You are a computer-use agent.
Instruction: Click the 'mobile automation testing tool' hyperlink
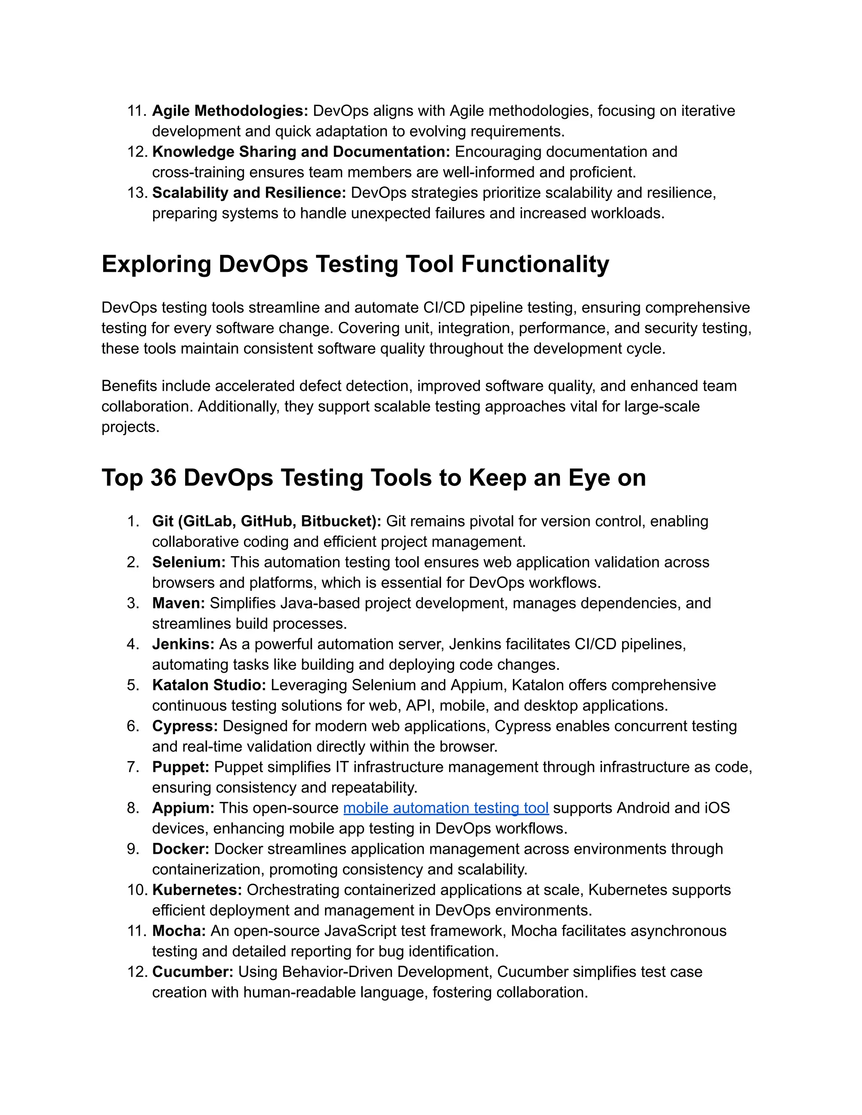tap(446, 808)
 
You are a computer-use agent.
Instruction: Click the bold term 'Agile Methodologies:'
tap(230, 111)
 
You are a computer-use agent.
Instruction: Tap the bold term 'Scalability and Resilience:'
tap(249, 192)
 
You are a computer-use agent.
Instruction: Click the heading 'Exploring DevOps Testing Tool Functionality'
tap(355, 265)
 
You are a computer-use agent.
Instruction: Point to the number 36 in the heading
tap(163, 478)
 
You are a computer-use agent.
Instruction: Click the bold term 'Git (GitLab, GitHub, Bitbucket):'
tap(266, 521)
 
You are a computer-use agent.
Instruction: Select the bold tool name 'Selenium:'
tap(189, 562)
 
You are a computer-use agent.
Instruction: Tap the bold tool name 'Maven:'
tap(178, 603)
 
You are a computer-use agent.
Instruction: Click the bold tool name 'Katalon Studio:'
tap(209, 685)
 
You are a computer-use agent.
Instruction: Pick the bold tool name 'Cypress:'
tap(185, 726)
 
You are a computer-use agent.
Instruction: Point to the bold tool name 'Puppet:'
tap(181, 767)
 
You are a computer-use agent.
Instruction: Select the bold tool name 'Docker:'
tap(181, 849)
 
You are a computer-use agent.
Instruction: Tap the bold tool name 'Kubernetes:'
tap(197, 890)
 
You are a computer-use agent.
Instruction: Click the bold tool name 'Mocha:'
tap(179, 931)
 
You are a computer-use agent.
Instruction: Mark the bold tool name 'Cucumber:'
tap(192, 972)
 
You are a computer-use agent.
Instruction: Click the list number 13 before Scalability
tap(136, 192)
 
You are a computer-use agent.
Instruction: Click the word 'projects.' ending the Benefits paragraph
tap(130, 427)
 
